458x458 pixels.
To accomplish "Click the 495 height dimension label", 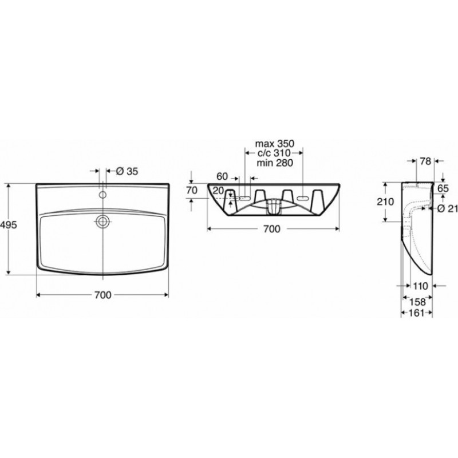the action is pyautogui.click(x=9, y=224).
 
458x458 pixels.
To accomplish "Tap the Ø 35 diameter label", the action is pyautogui.click(x=127, y=171).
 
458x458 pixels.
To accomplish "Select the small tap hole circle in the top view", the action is pyautogui.click(x=102, y=195).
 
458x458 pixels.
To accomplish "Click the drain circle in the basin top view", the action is pyautogui.click(x=102, y=221).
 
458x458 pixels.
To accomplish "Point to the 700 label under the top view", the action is pyautogui.click(x=103, y=295).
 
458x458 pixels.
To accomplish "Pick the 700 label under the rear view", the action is pyautogui.click(x=271, y=229).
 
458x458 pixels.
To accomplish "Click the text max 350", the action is pyautogui.click(x=275, y=144).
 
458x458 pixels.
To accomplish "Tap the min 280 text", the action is pyautogui.click(x=275, y=163).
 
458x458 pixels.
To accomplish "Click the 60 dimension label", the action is pyautogui.click(x=222, y=176).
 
